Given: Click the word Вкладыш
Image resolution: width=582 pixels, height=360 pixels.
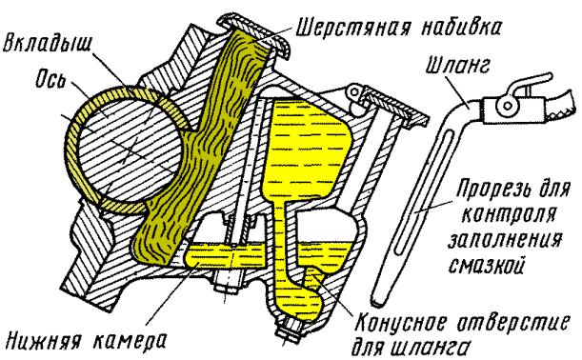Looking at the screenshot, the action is (47, 44).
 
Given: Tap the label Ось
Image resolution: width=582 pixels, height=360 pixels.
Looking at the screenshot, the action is (50, 80).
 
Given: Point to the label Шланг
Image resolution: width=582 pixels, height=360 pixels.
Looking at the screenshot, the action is (457, 65).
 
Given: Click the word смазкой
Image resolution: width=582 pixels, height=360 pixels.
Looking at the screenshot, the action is (487, 264).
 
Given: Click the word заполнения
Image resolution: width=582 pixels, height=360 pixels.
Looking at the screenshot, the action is (505, 239).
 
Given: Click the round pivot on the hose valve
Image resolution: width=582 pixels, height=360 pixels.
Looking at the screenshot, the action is (506, 106).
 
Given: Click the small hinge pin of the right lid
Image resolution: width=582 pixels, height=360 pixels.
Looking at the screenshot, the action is (355, 91).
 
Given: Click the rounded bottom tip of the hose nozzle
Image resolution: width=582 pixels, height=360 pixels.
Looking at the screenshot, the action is (378, 301).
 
